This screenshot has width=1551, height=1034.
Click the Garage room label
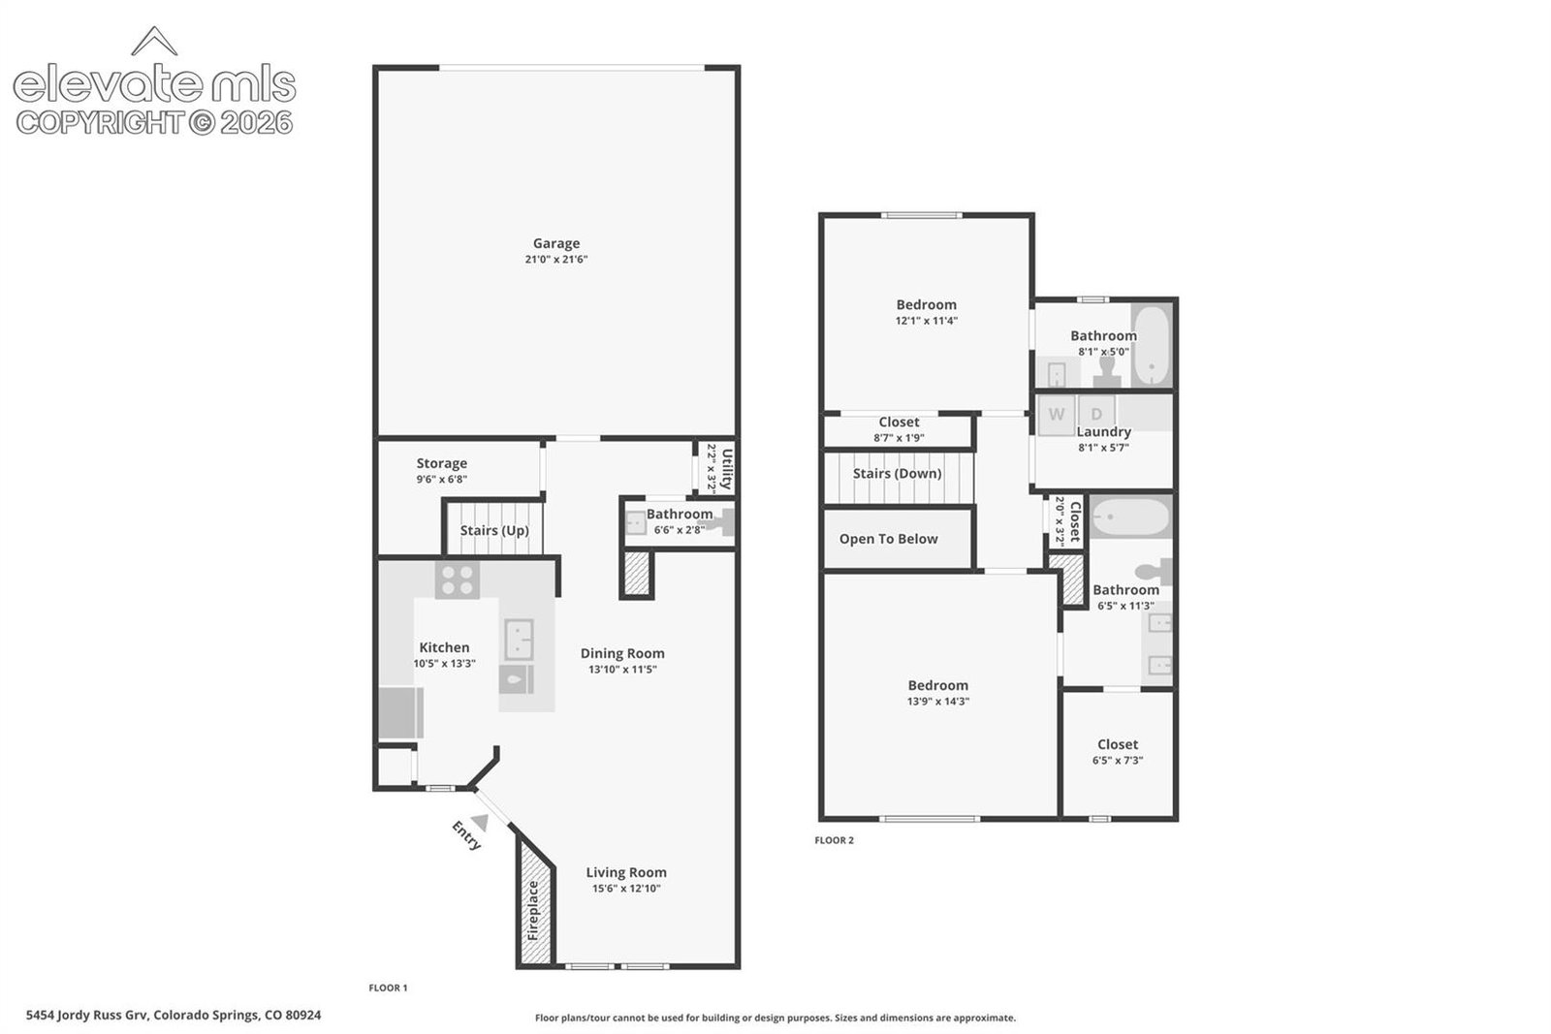click(x=556, y=243)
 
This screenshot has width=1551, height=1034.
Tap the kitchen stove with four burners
click(x=457, y=580)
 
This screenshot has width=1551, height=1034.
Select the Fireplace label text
click(x=532, y=910)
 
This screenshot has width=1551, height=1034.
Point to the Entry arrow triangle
click(x=481, y=822)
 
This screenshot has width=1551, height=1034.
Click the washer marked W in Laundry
click(x=1057, y=415)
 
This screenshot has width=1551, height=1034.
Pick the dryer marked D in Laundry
click(x=1096, y=413)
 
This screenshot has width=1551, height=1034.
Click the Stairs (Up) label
click(x=494, y=530)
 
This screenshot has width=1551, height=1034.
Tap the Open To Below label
click(x=888, y=539)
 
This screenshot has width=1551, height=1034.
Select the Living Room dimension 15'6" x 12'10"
click(x=626, y=889)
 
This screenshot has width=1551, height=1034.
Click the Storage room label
click(x=442, y=463)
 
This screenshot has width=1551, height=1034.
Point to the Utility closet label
click(x=727, y=469)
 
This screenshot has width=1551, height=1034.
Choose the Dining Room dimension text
click(x=622, y=670)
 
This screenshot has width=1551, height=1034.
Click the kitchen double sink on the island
click(x=519, y=639)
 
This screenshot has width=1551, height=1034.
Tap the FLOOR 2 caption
click(x=835, y=840)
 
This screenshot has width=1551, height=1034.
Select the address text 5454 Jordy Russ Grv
click(x=86, y=1016)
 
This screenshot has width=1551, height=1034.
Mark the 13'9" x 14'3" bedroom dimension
click(x=938, y=701)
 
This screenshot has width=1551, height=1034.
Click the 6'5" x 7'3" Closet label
click(x=1118, y=744)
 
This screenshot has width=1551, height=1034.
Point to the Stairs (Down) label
click(x=898, y=474)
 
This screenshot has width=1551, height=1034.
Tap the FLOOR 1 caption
click(x=389, y=987)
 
